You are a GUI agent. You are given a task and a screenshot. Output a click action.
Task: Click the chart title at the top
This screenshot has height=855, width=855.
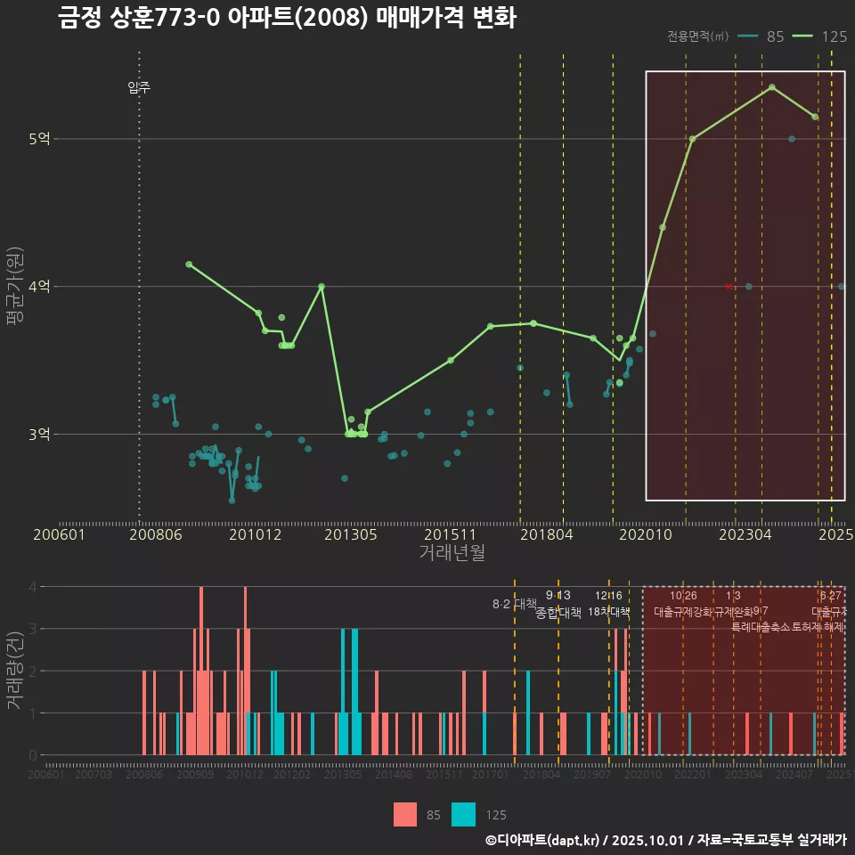point(287,18)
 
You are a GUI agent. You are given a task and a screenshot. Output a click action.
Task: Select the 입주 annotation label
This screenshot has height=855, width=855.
point(139,87)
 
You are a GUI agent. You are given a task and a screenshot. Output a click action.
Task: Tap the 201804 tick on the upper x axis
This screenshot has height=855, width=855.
point(546,535)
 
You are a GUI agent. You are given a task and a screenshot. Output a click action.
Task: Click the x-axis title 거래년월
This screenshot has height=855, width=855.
point(452,553)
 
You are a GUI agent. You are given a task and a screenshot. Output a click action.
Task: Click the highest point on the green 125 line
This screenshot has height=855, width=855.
point(772,87)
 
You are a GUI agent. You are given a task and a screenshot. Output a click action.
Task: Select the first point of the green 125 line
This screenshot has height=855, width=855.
point(189,265)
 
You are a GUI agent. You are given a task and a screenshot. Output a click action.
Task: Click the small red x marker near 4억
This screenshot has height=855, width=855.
point(729,286)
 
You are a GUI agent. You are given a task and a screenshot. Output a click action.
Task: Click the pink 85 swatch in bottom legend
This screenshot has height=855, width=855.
point(405,814)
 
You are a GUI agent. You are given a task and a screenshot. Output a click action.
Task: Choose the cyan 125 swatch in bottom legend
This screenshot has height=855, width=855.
point(464,814)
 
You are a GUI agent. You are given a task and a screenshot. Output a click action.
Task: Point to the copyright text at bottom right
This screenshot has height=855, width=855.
point(665,840)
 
